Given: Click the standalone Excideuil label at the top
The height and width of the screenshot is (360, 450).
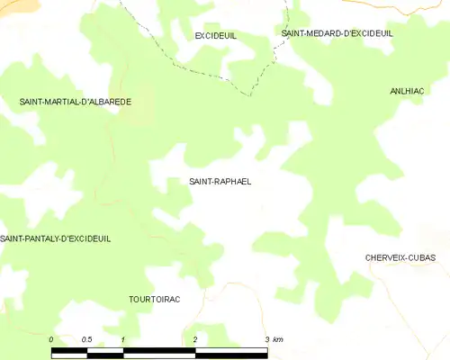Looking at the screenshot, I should click(215, 35).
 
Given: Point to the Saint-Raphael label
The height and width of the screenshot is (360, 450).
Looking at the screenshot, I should click(220, 181).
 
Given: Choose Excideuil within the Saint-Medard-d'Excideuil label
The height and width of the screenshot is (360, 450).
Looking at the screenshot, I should click(373, 33).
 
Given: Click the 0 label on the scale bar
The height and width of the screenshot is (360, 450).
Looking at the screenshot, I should click(52, 339).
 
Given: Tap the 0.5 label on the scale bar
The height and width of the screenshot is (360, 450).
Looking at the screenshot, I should click(86, 339).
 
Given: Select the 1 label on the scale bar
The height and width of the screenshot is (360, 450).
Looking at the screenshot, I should click(122, 339).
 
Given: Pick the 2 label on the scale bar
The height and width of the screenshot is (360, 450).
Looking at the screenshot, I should click(194, 339).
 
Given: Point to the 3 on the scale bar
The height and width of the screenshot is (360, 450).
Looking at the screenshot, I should click(266, 339).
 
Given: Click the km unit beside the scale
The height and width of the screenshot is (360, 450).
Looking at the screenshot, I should click(278, 339).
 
